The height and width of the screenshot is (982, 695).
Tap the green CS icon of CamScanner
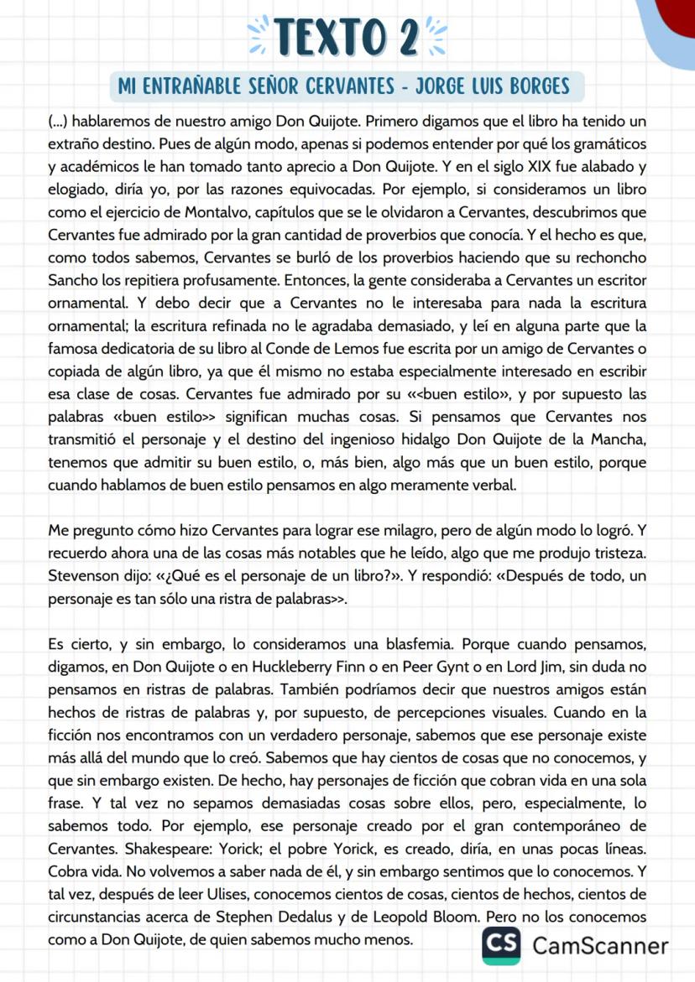pyautogui.click(x=500, y=945)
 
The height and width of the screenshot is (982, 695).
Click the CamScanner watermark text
pyautogui.click(x=599, y=946)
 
